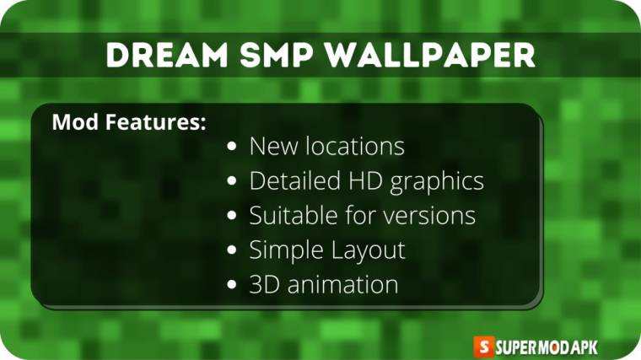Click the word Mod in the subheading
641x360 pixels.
70,122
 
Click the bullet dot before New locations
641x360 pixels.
232,147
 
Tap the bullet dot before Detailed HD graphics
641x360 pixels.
232,181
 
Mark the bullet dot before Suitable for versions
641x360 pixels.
232,216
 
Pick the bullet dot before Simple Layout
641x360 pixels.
232,250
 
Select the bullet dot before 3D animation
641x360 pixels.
232,285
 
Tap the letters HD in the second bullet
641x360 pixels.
369,180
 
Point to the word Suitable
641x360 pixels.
291,215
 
